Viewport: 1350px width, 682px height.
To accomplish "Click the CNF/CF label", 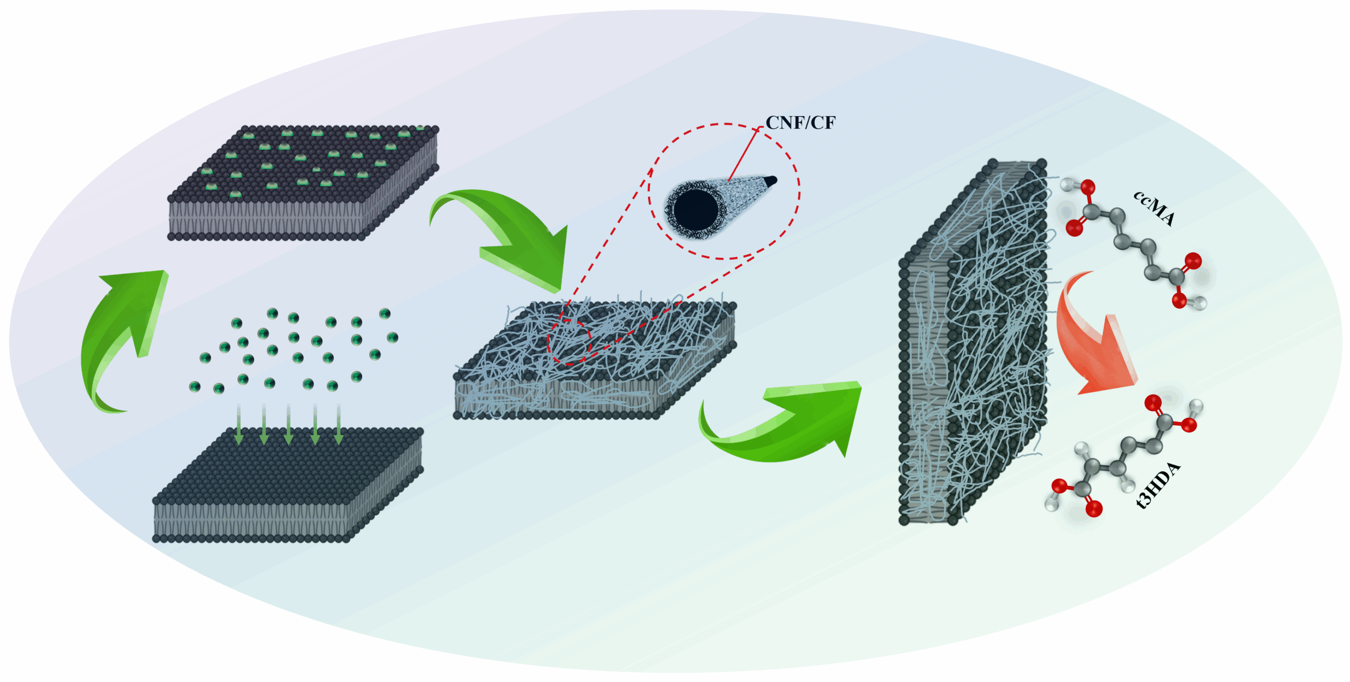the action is pyautogui.click(x=800, y=122).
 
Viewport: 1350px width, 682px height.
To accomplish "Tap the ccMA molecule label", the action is pyautogui.click(x=1154, y=208).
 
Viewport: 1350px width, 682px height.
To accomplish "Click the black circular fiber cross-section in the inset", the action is pyautogui.click(x=696, y=209).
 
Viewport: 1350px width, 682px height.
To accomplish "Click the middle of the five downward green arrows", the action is pyautogui.click(x=288, y=424).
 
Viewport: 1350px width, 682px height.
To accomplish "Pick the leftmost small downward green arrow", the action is pyautogui.click(x=238, y=424).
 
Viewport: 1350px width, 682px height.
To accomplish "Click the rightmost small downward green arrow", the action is pyautogui.click(x=339, y=424).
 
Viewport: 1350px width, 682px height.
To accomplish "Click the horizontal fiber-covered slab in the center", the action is pyautogui.click(x=595, y=360).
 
